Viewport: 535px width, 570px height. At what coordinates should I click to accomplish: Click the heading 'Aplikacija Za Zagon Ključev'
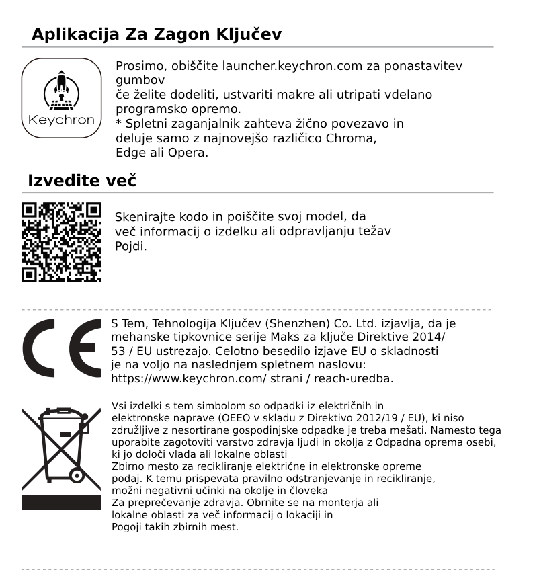(156, 34)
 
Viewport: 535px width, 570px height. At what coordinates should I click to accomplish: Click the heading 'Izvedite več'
(82, 181)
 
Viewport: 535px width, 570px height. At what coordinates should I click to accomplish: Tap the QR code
(61, 242)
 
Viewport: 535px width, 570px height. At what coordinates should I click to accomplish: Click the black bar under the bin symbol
(61, 503)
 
